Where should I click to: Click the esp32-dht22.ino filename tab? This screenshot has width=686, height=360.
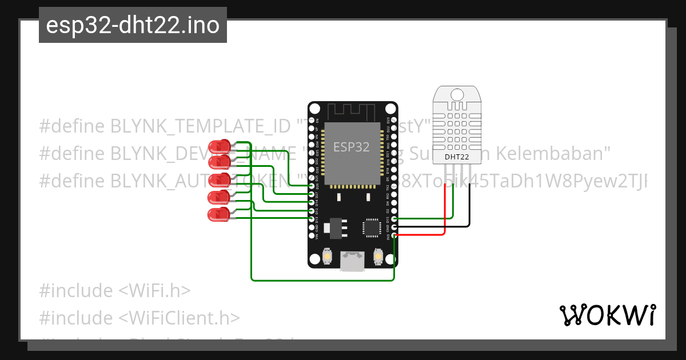tap(133, 26)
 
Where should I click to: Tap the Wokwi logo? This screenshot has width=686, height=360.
tap(607, 315)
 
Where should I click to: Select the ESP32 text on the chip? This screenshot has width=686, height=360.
tap(352, 147)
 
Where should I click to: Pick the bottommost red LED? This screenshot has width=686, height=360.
tap(218, 215)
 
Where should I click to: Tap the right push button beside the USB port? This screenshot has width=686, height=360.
tap(378, 257)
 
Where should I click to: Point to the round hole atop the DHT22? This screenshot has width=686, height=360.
tap(457, 94)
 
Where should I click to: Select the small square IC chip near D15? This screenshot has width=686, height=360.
tap(372, 227)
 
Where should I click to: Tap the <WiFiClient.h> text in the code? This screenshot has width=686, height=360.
tap(179, 318)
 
